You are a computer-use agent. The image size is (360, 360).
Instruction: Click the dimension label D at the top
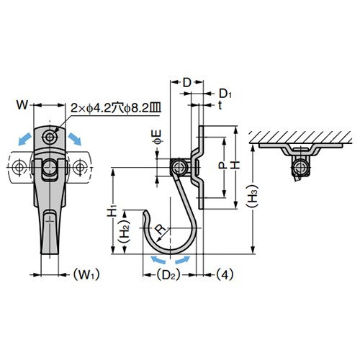click(x=186, y=82)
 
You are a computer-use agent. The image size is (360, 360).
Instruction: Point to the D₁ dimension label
click(x=225, y=94)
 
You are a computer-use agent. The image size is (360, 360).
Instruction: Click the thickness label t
click(x=220, y=105)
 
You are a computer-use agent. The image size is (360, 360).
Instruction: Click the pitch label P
click(x=222, y=165)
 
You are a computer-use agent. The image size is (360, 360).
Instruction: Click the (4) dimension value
click(x=224, y=274)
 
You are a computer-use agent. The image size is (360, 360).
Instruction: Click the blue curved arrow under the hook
click(x=171, y=258)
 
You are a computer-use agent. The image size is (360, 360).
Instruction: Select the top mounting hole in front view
click(x=50, y=135)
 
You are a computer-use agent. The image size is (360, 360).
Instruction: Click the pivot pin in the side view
click(x=176, y=168)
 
